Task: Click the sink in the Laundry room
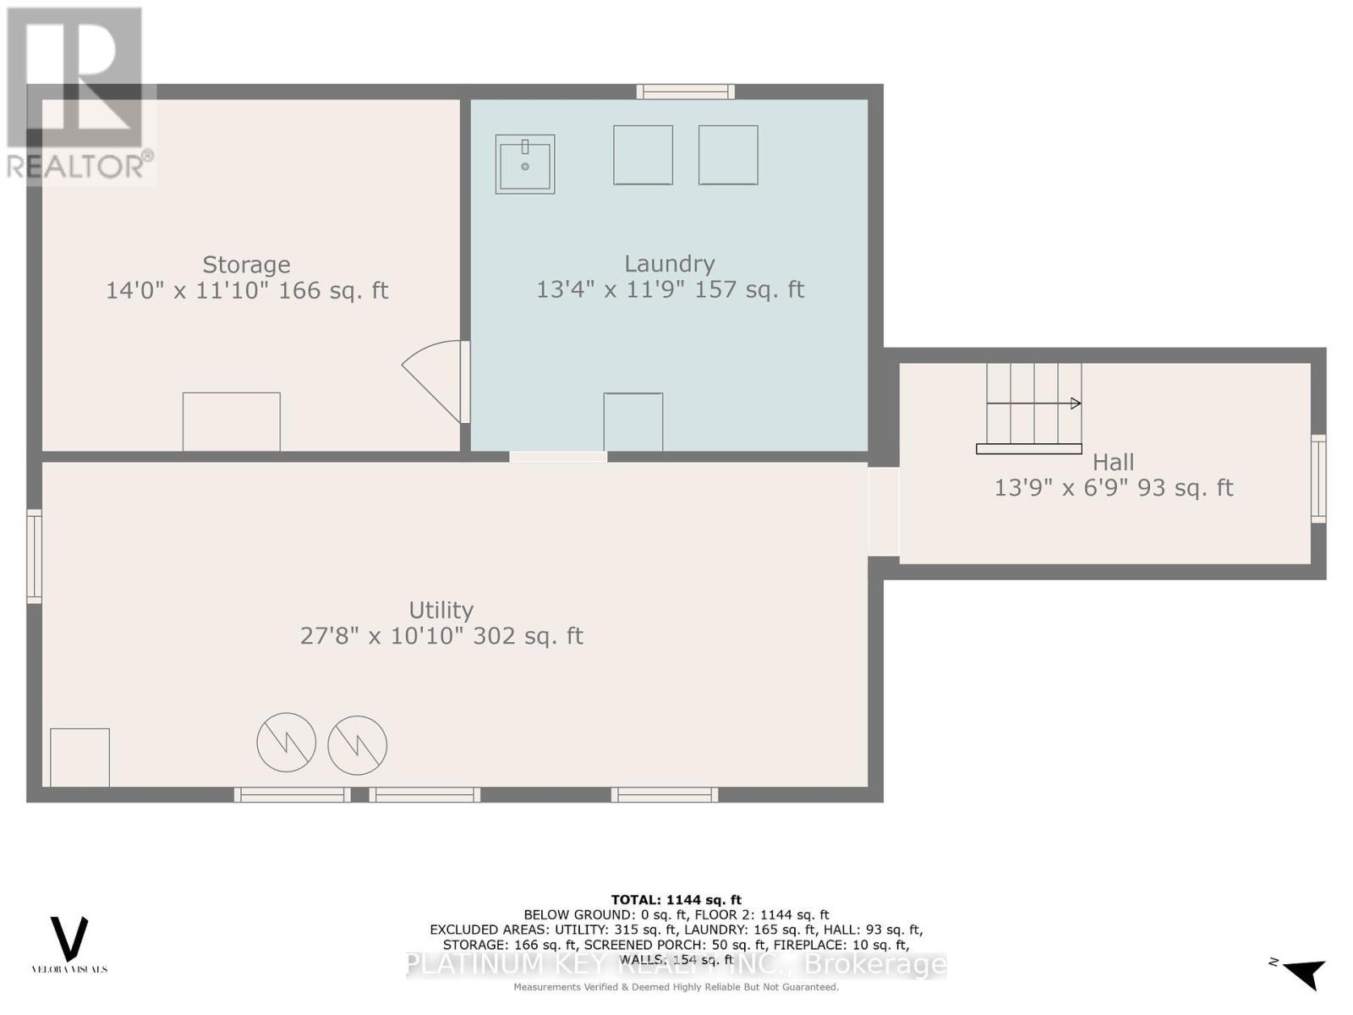(x=524, y=164)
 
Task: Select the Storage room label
(x=246, y=265)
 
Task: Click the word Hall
(x=1113, y=462)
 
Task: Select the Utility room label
(x=441, y=610)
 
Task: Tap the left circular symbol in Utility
(x=287, y=742)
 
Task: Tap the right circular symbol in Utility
(x=358, y=745)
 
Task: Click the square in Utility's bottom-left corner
(x=79, y=757)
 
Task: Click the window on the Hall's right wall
(x=1317, y=478)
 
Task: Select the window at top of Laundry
(x=685, y=91)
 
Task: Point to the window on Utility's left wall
(x=34, y=556)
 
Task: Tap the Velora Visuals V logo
(x=69, y=939)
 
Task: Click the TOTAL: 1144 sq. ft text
(x=676, y=900)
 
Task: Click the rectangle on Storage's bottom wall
(x=232, y=421)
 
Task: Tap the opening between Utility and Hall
(x=883, y=512)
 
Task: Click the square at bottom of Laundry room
(x=633, y=421)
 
